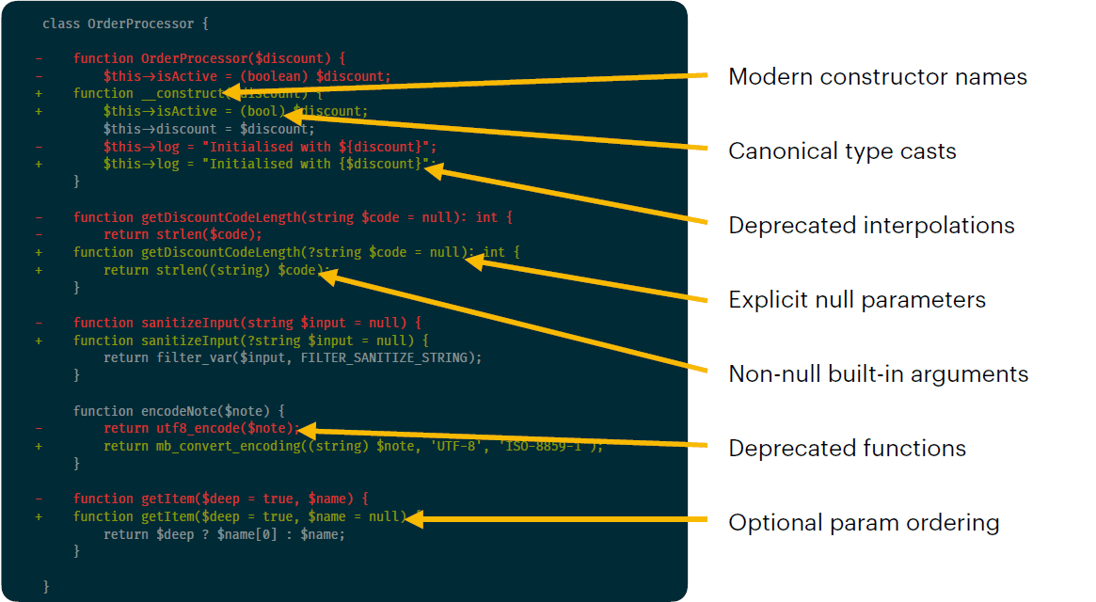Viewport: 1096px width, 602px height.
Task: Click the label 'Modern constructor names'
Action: click(x=878, y=76)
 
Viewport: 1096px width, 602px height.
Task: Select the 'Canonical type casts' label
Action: click(x=842, y=150)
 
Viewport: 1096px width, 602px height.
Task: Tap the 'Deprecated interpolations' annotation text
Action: click(x=871, y=225)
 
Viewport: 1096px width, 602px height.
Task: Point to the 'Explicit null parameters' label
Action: click(x=857, y=300)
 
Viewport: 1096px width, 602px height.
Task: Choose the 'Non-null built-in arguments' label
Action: click(x=878, y=373)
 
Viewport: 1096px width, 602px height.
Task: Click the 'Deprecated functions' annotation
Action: click(x=847, y=448)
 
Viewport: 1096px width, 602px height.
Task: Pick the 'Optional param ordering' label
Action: click(x=864, y=522)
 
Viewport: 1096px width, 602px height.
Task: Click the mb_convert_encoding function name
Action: click(x=209, y=446)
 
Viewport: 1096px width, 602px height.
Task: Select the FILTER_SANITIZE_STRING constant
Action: click(x=389, y=357)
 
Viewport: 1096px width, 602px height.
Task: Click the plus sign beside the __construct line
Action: click(x=39, y=93)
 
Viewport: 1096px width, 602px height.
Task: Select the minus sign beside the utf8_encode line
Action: click(x=39, y=428)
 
